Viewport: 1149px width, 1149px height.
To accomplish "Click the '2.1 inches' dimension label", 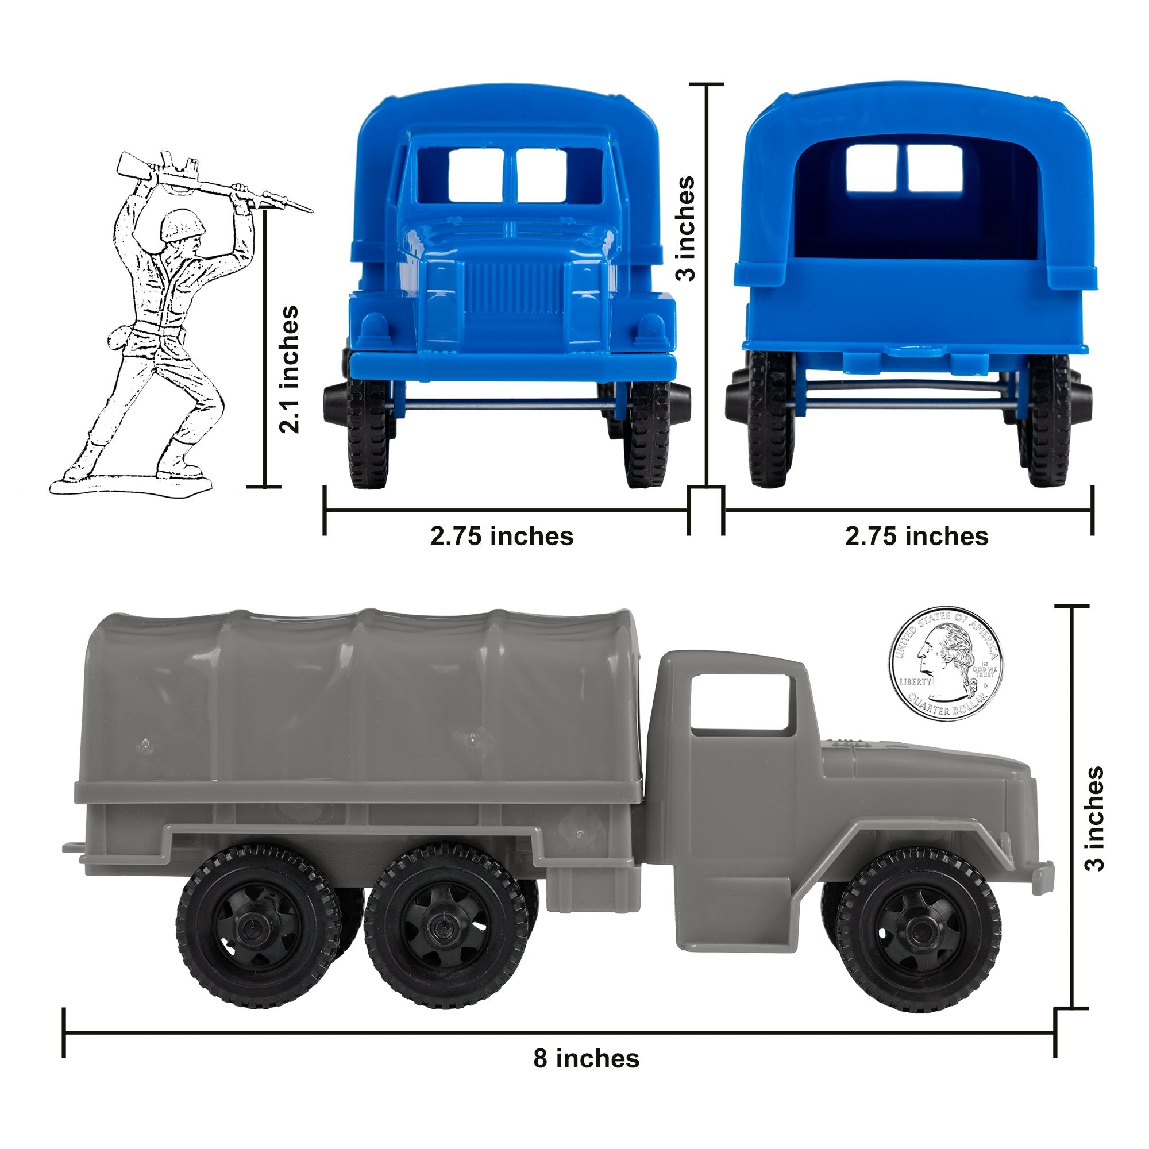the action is coord(290,369).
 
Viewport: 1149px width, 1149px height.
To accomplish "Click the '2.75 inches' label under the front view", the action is coord(502,537).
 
